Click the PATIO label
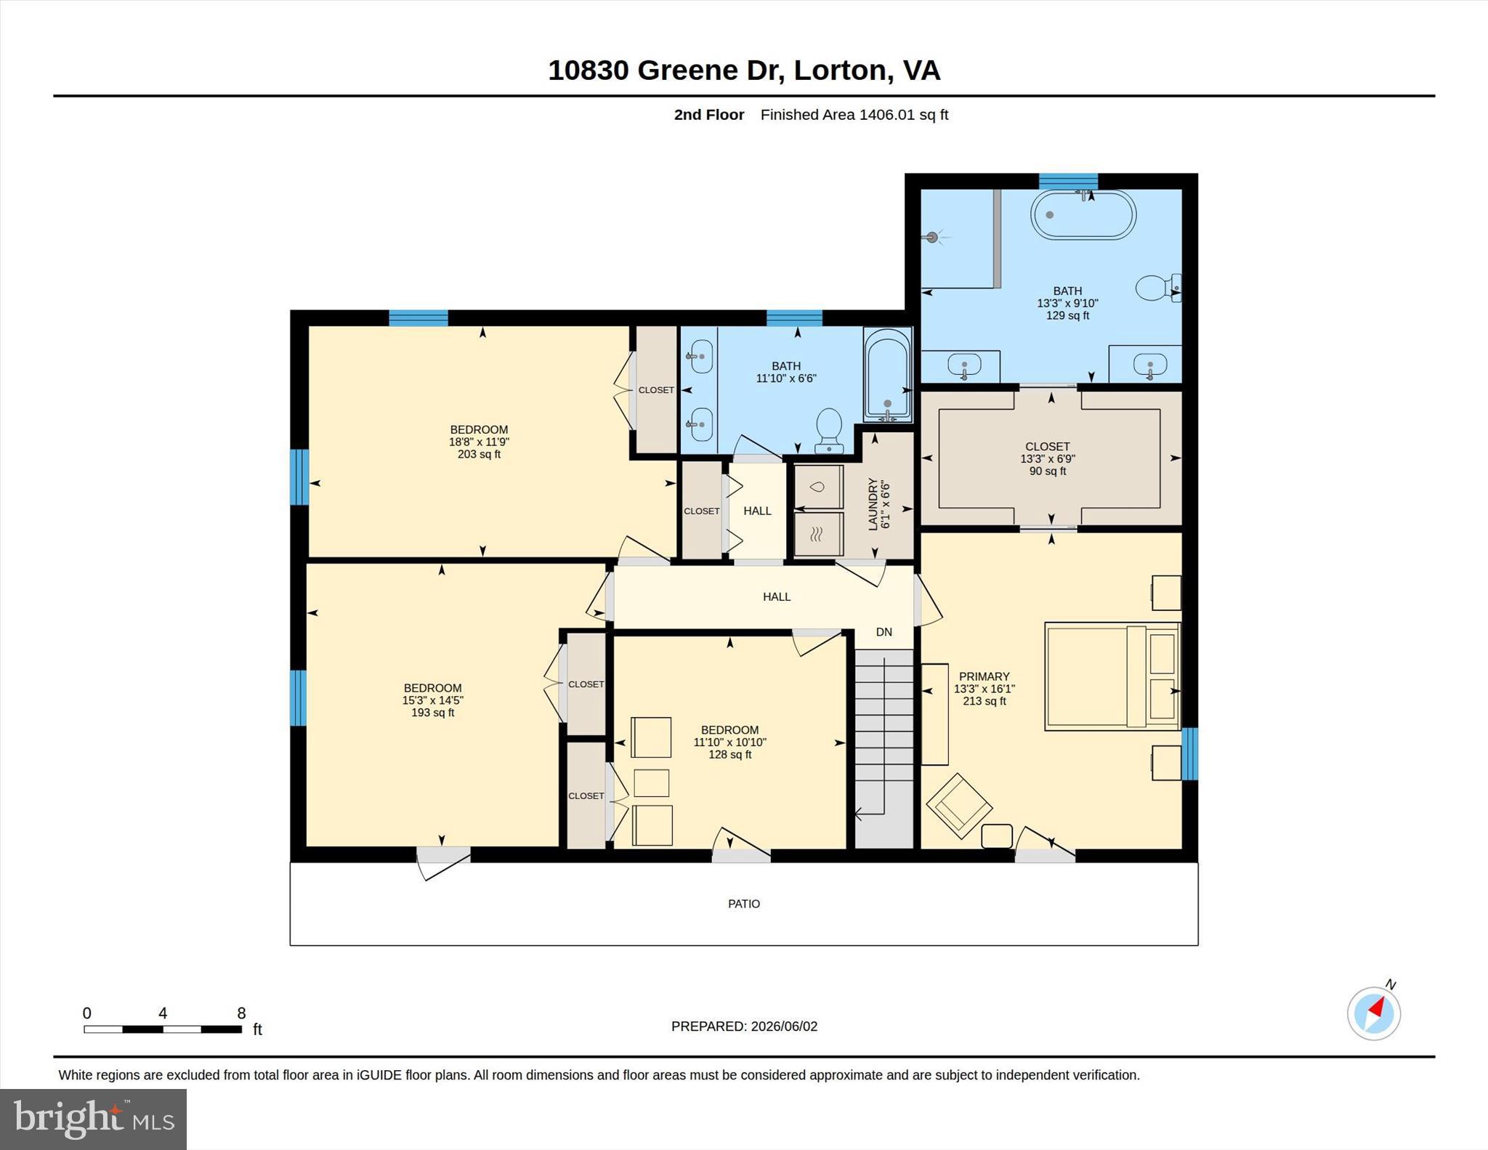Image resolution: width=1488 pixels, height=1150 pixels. point(744,904)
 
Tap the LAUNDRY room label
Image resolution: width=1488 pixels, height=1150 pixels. point(873,504)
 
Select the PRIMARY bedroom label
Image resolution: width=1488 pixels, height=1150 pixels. point(984,676)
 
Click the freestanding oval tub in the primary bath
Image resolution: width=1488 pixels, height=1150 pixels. point(1083,214)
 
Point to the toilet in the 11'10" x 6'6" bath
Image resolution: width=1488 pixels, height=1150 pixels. point(829,430)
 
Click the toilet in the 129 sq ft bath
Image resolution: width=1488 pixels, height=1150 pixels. point(1157,288)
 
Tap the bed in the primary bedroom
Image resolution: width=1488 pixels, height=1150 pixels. point(1112,676)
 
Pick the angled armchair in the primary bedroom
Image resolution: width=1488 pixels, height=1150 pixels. point(959,806)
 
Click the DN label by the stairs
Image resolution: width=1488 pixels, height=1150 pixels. point(883,632)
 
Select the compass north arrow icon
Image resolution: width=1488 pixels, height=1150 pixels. point(1374,1012)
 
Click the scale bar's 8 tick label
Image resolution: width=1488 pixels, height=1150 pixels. point(241,1013)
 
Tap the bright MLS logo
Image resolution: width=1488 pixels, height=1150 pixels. point(93,1119)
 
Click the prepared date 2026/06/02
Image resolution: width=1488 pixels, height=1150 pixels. point(784,1027)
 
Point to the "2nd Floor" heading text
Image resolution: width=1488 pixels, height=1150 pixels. point(709,115)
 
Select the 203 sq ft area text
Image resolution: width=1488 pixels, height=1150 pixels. point(479,454)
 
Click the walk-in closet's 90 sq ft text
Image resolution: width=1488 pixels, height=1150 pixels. point(1048,471)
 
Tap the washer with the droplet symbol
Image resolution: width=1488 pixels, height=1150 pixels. point(819,487)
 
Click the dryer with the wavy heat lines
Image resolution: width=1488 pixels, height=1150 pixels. point(819,535)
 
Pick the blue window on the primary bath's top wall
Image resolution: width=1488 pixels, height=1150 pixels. point(1068,181)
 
